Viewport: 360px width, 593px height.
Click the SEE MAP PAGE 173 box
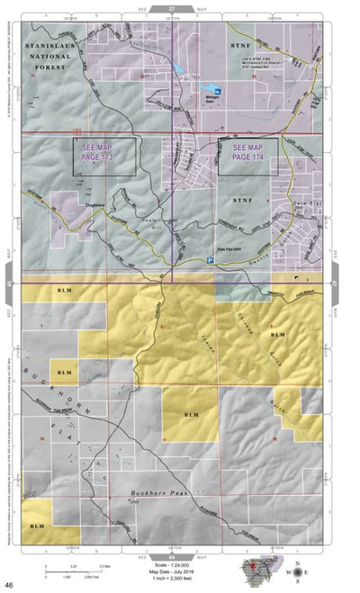tap(105, 156)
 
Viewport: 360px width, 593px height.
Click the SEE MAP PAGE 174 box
tap(247, 156)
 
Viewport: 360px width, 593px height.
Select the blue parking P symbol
tap(211, 260)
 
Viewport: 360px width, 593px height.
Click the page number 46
tap(8, 586)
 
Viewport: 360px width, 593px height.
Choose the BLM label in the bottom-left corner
tap(37, 526)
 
